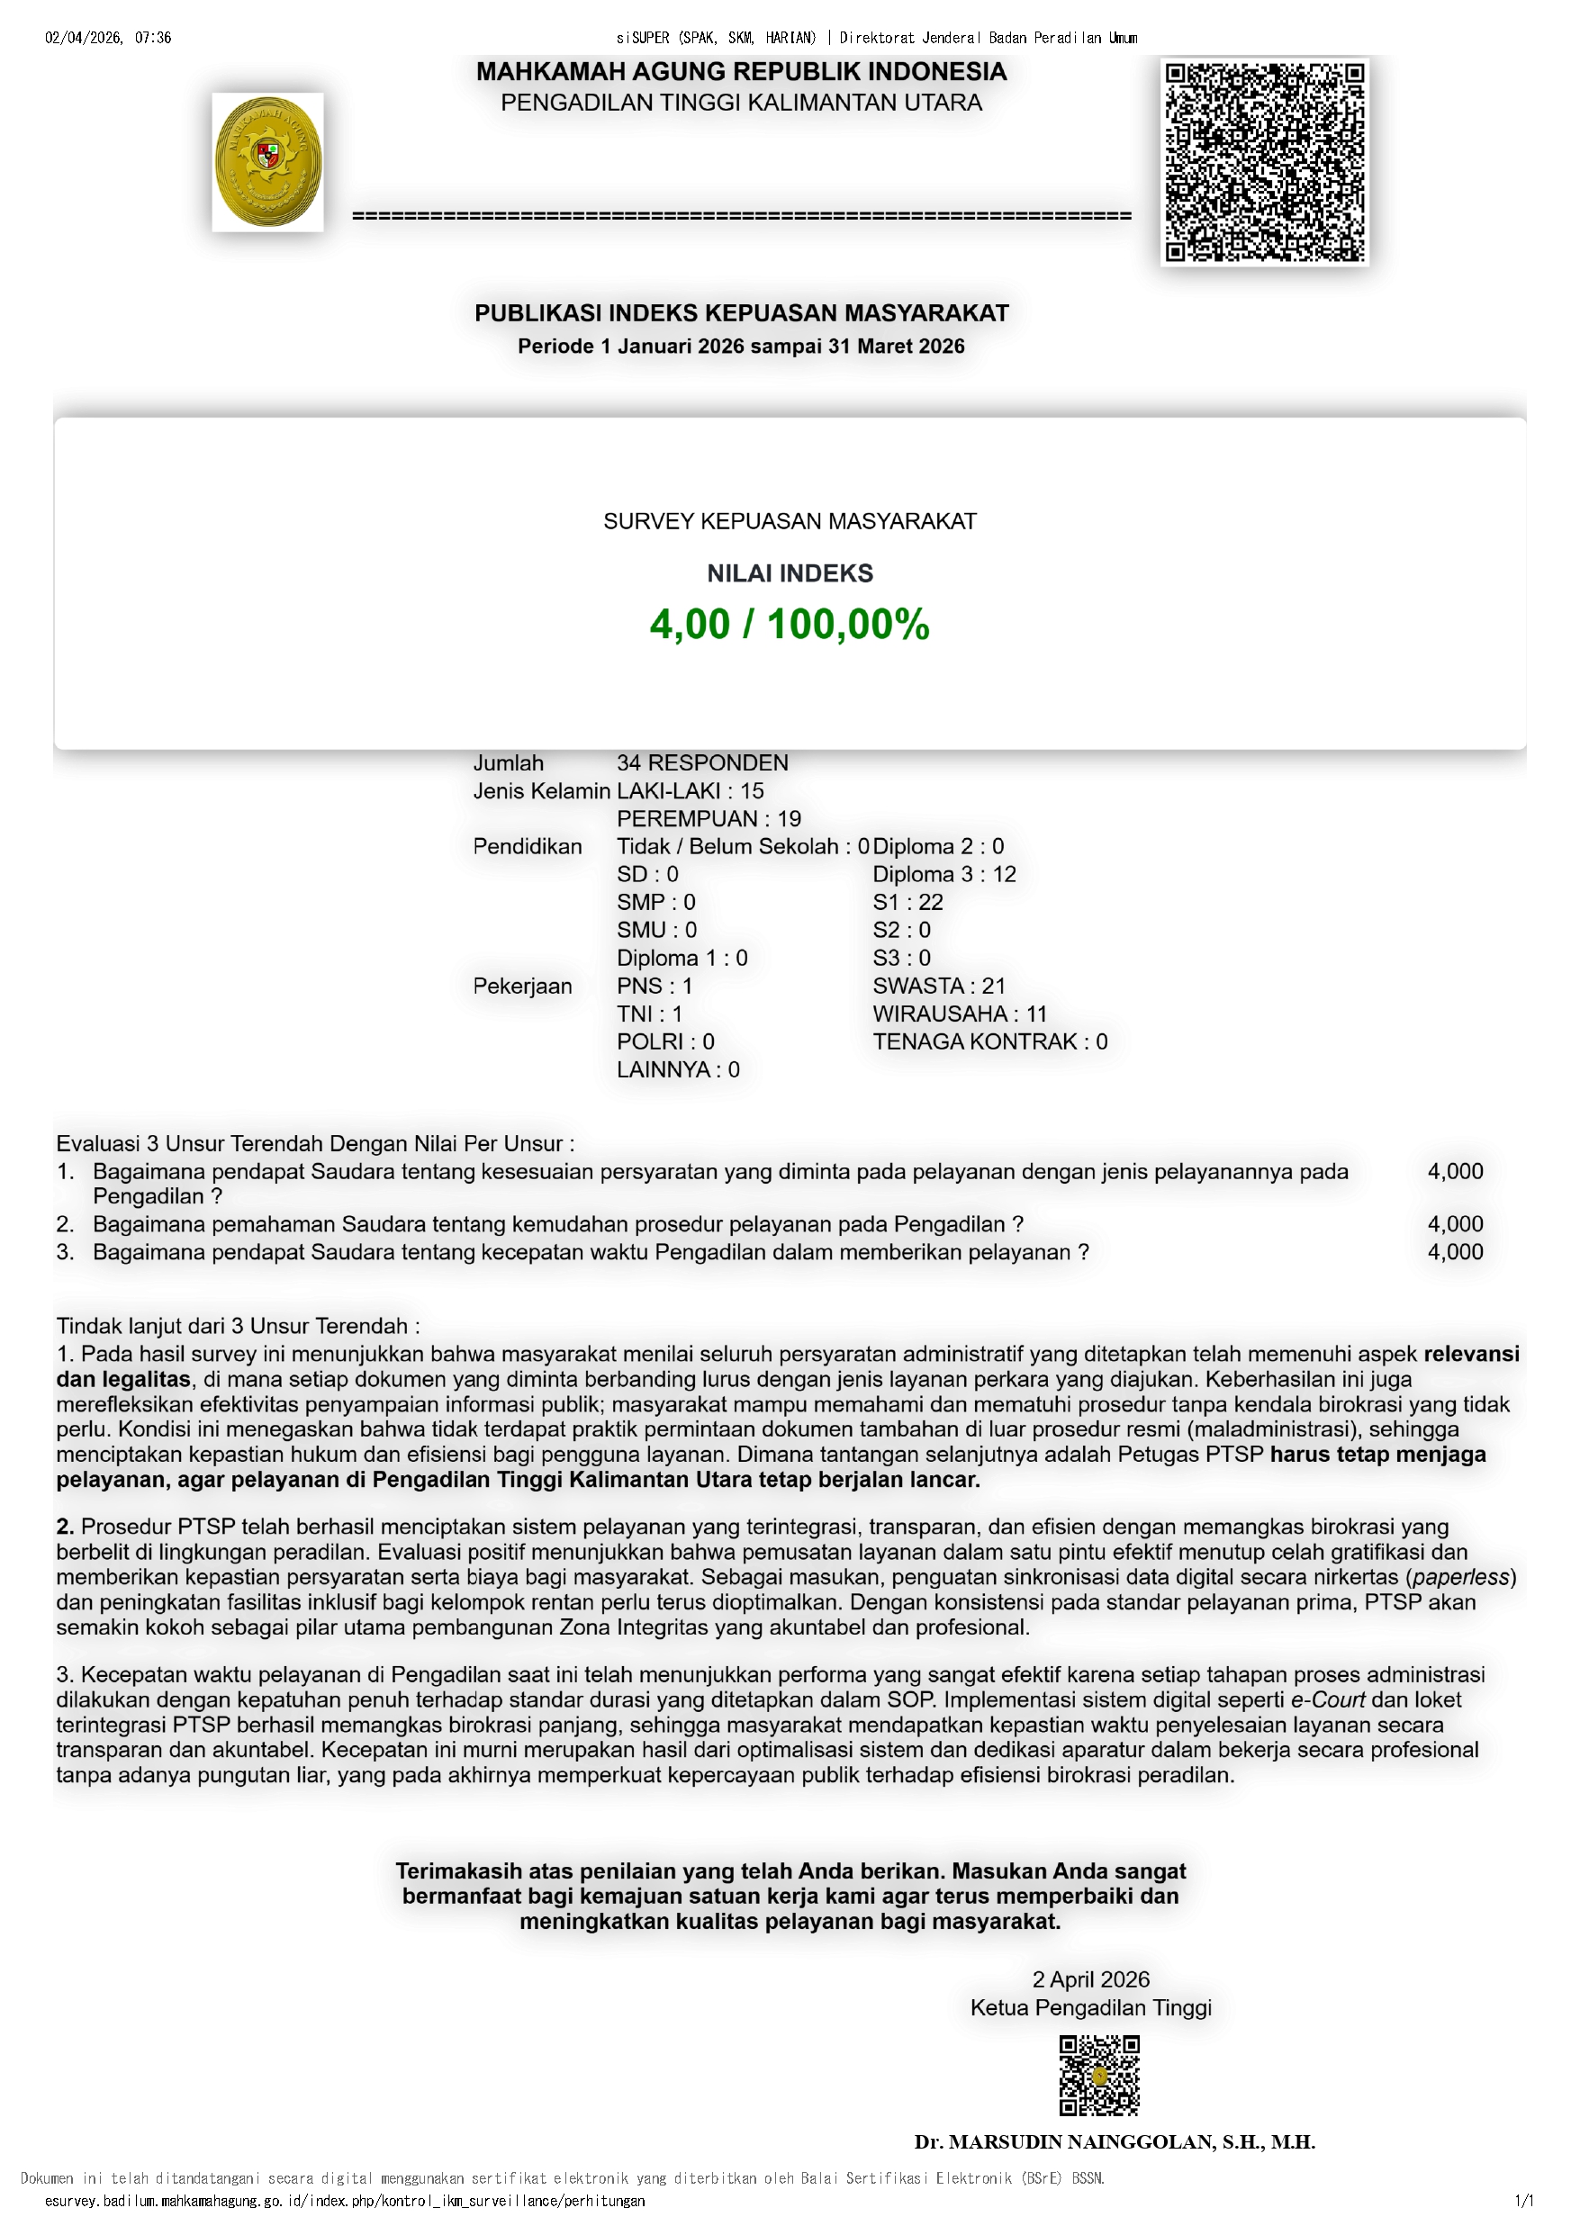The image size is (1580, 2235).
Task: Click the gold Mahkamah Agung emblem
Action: click(x=267, y=163)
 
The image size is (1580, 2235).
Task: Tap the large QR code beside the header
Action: click(x=1265, y=162)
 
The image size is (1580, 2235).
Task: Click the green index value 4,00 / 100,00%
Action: click(x=790, y=624)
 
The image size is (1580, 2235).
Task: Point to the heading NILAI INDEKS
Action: click(x=790, y=573)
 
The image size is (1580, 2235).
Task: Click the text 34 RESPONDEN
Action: click(x=702, y=763)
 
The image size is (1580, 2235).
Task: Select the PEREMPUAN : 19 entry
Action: click(x=709, y=818)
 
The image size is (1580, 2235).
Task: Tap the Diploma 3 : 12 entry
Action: click(x=943, y=874)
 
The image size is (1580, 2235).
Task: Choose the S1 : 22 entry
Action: click(x=907, y=903)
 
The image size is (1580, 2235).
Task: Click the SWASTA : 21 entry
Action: click(x=938, y=987)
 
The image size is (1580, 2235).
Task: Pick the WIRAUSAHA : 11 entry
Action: click(x=959, y=1014)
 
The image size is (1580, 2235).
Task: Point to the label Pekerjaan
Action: click(x=522, y=987)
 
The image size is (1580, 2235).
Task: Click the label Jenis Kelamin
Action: click(x=541, y=791)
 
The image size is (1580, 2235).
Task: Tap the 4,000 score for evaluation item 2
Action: click(x=1455, y=1223)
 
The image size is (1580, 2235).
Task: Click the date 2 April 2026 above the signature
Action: click(x=1090, y=1979)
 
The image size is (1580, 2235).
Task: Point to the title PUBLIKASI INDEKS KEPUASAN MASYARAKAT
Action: click(x=741, y=313)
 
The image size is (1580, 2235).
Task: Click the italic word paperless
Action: click(x=1460, y=1577)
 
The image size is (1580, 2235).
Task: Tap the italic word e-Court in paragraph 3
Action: click(x=1328, y=1699)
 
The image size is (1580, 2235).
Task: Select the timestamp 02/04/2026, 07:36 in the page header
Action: click(x=108, y=38)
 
